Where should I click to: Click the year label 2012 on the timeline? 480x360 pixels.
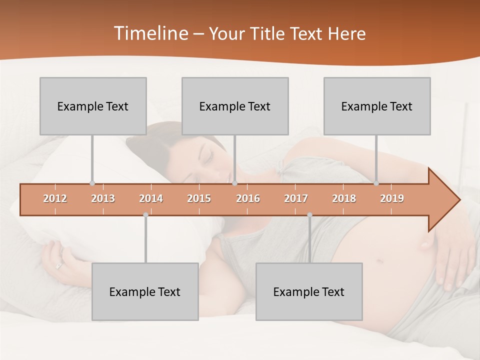pos(55,198)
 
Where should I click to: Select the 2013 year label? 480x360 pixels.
pos(103,198)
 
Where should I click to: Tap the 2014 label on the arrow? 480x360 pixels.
pos(151,198)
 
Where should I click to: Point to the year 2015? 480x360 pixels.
pos(199,198)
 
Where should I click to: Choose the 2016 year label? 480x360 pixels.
pos(248,198)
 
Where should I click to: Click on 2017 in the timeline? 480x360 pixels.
pos(296,198)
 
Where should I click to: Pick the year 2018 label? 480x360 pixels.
pos(344,198)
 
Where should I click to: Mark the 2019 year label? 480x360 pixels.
pos(392,198)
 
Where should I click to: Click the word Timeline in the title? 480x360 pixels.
pos(150,33)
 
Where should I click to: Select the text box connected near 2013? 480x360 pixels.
pos(93,106)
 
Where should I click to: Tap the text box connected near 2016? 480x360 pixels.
pos(235,106)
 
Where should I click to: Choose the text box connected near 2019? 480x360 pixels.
pos(377,106)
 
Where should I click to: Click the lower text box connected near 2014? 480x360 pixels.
pos(145,291)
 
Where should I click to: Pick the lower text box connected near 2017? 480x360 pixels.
pos(309,291)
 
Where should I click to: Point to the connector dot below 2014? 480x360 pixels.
pos(145,215)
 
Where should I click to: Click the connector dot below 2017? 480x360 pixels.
pos(309,215)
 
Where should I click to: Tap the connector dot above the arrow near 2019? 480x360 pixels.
pos(376,183)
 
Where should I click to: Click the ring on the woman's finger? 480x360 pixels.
pos(59,266)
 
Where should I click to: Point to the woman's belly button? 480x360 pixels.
pos(379,261)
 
